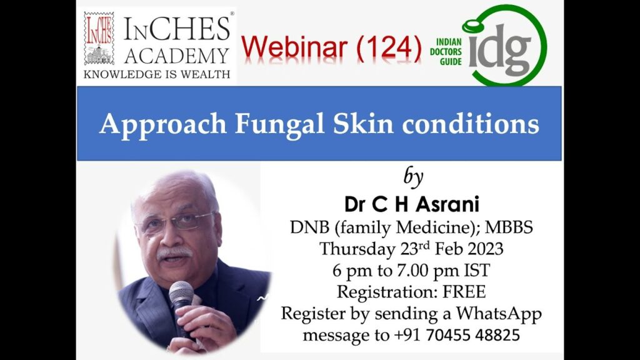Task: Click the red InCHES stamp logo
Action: coord(99,38)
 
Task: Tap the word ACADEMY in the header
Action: coord(177,56)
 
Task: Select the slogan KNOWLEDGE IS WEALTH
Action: coord(157,74)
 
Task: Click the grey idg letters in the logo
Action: coord(499,51)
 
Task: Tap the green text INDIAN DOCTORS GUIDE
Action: coord(446,52)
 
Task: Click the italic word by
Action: coord(413,177)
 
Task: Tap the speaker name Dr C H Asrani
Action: coord(411,204)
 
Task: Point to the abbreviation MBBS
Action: coord(509,227)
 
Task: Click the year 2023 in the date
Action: coord(485,249)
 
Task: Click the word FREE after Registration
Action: coord(464,292)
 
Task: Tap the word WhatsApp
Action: coord(498,314)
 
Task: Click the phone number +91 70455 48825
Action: coord(457,335)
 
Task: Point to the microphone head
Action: coord(181,292)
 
